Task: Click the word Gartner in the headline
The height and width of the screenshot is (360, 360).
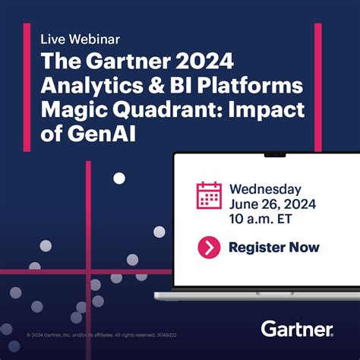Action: tap(120, 60)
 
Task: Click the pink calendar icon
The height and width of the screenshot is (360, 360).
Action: tap(209, 196)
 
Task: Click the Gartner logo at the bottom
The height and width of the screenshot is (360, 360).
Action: tap(297, 329)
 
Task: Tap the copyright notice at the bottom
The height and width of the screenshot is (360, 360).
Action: tap(102, 334)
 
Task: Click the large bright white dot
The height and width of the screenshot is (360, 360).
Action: tap(119, 178)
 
